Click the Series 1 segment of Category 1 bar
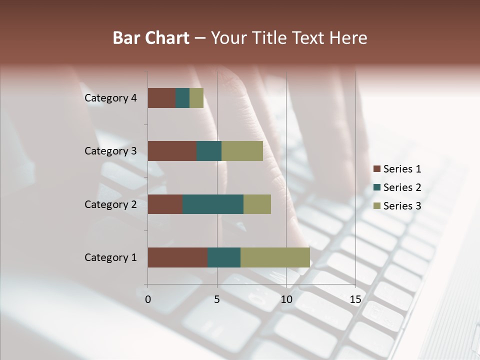pyautogui.click(x=177, y=257)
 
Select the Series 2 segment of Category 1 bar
pyautogui.click(x=224, y=257)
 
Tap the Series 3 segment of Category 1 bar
pyautogui.click(x=275, y=257)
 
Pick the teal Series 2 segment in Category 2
pyautogui.click(x=213, y=204)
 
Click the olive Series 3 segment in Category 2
pyautogui.click(x=257, y=204)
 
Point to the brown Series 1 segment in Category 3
pyautogui.click(x=172, y=151)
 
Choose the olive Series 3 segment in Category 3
pyautogui.click(x=242, y=151)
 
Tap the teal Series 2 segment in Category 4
pyautogui.click(x=182, y=98)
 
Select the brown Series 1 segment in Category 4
pyautogui.click(x=161, y=98)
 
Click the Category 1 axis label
pyautogui.click(x=110, y=257)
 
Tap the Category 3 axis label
pyautogui.click(x=110, y=151)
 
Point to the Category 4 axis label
pyautogui.click(x=110, y=98)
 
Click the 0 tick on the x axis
pyautogui.click(x=148, y=299)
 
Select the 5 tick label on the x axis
pyautogui.click(x=217, y=299)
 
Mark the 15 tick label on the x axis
pyautogui.click(x=355, y=299)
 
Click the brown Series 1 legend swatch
pyautogui.click(x=376, y=169)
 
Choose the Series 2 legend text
pyautogui.click(x=402, y=187)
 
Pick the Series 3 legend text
pyautogui.click(x=402, y=206)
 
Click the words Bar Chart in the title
pyautogui.click(x=151, y=38)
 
